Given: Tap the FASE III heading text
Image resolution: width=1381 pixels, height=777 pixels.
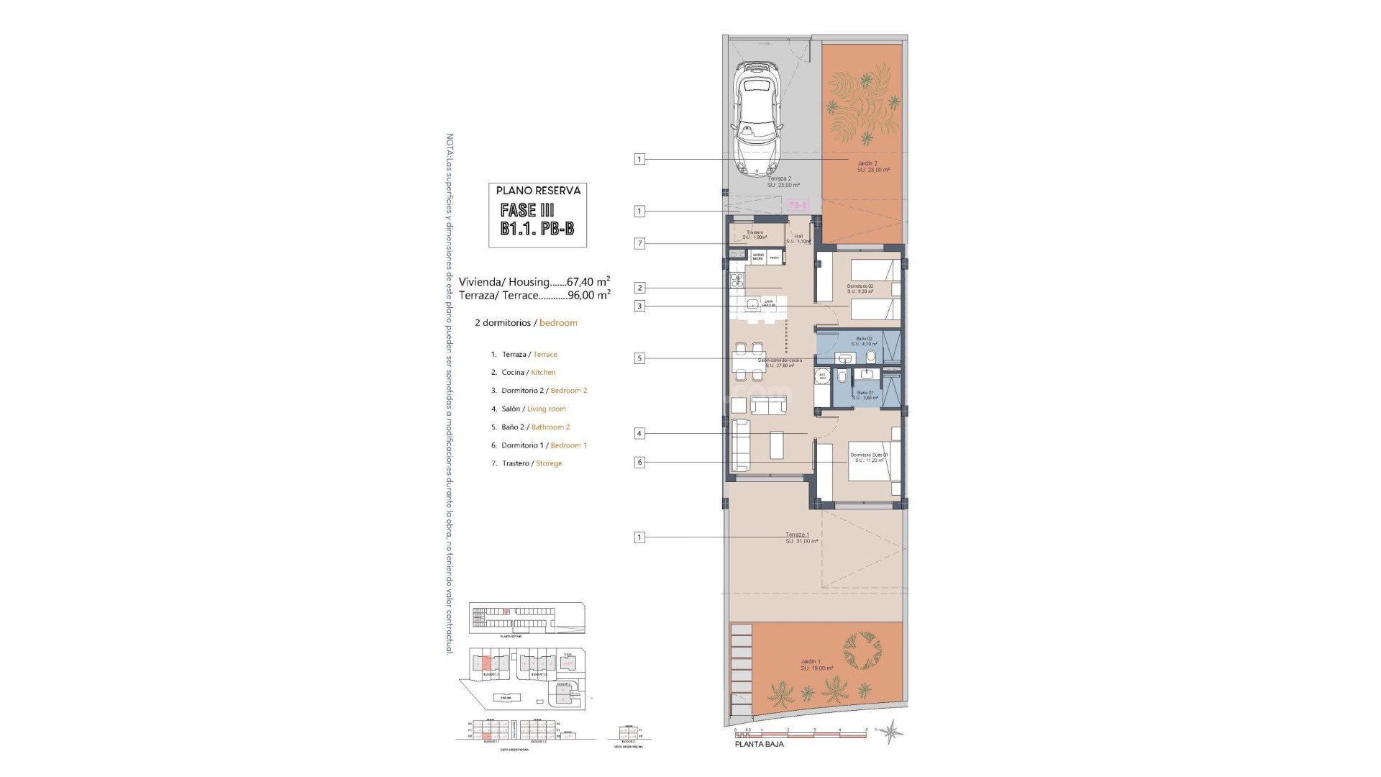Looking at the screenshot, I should (x=527, y=210).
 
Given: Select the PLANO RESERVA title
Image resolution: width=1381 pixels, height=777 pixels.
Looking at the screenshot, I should (x=538, y=191).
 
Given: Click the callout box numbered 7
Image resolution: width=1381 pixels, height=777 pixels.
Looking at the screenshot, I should (x=639, y=244).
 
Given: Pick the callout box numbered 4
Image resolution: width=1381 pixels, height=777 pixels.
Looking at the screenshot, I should (x=639, y=434).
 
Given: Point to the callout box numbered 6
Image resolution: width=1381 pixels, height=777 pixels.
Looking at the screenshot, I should (x=639, y=463).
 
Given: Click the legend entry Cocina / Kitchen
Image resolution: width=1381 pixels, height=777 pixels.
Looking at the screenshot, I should (x=528, y=373).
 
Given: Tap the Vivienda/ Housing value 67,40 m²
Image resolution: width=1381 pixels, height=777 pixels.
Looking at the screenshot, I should (x=588, y=282).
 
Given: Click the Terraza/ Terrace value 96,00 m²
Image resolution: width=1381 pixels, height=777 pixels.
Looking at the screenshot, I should (x=589, y=295).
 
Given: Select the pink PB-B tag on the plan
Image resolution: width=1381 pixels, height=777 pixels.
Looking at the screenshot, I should (x=798, y=205).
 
